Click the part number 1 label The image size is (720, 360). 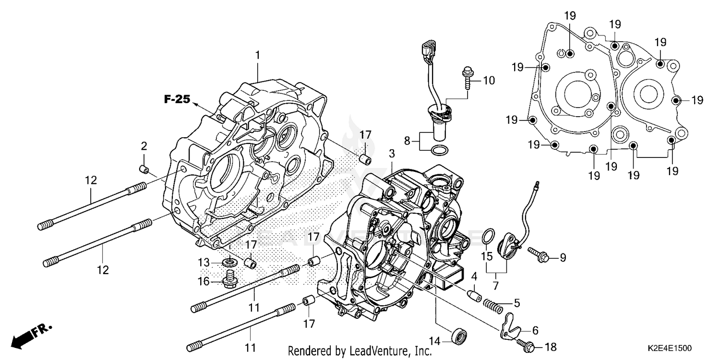coord(257,55)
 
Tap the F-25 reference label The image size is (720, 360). coord(175,100)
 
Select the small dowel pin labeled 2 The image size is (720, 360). coord(143,168)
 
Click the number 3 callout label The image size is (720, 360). coord(392,154)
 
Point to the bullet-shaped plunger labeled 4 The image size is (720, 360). coord(474,294)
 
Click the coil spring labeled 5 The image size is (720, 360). coord(495,304)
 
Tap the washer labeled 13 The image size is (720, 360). coord(230,263)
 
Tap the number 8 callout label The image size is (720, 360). coord(407,142)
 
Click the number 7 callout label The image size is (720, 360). coord(495,286)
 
